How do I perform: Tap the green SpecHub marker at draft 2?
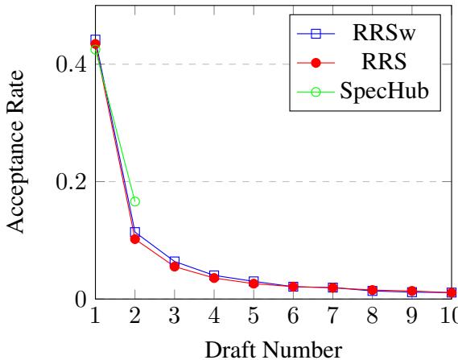pos(135,201)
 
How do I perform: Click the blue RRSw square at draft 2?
pos(135,232)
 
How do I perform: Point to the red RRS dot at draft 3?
pos(174,266)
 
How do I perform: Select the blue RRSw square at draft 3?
pos(174,262)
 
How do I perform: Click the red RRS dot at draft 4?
pos(213,278)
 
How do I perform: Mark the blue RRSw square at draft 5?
pos(253,281)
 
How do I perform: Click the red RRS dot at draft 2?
pos(135,239)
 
